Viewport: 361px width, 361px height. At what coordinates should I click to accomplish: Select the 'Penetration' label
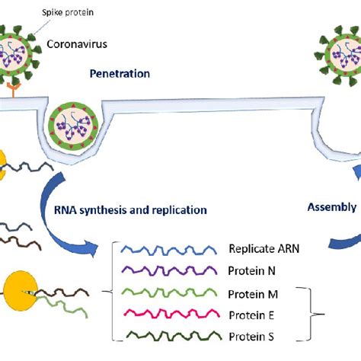(120, 74)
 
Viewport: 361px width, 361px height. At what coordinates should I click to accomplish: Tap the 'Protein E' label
(252, 315)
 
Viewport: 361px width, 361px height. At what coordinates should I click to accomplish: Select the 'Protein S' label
(252, 335)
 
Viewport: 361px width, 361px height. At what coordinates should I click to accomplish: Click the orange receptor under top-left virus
(13, 93)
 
